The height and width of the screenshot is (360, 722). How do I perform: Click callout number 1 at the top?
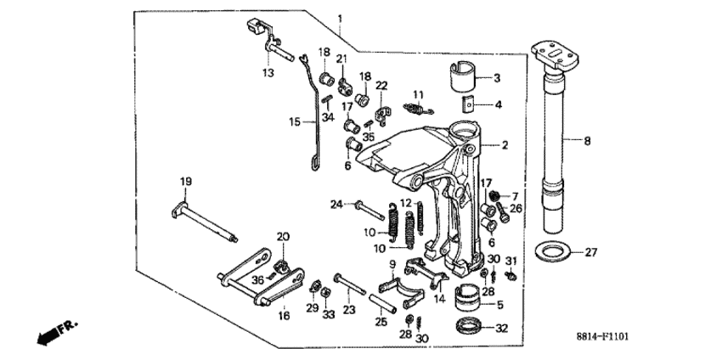click(x=340, y=19)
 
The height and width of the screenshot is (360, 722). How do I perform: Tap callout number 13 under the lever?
click(x=268, y=74)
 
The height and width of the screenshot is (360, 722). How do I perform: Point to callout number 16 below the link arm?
click(x=284, y=315)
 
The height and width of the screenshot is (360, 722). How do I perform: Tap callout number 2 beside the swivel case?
click(x=505, y=146)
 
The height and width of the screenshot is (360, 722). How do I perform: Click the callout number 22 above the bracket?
click(x=381, y=85)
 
